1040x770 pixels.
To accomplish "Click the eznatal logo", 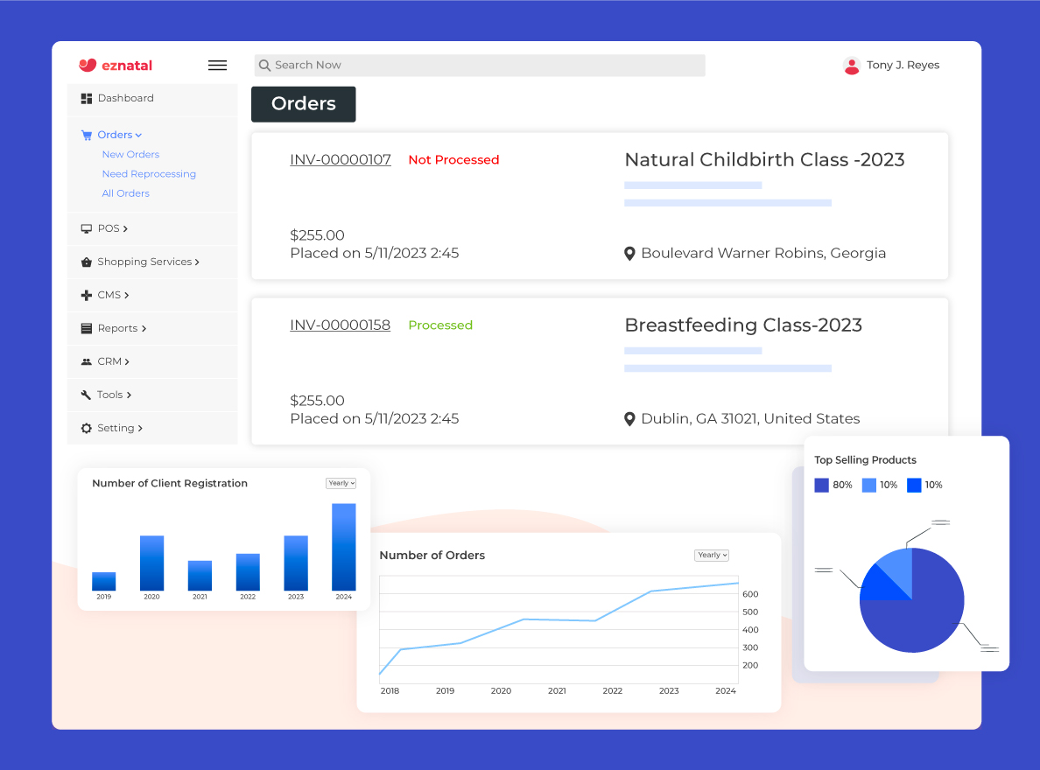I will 115,65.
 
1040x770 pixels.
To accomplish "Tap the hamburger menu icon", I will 217,65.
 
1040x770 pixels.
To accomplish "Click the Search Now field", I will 479,66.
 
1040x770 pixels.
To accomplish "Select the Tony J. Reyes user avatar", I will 851,66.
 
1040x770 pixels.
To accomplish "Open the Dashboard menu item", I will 125,98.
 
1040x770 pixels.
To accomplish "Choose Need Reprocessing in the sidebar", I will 149,174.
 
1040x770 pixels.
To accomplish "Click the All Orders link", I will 125,193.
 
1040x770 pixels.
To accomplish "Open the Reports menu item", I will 117,328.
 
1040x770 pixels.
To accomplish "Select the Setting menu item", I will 116,428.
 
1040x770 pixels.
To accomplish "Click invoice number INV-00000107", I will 341,160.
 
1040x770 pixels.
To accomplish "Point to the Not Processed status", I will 453,160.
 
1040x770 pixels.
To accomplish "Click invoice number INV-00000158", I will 341,325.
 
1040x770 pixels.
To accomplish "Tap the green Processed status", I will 440,325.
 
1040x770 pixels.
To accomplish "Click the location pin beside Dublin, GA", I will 629,419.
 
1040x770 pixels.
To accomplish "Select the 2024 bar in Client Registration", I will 344,547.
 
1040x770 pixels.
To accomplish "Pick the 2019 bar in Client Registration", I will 104,582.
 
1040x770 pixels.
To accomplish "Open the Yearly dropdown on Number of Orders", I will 712,555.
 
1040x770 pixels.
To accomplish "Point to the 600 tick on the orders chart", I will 750,594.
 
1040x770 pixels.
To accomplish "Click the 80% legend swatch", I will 821,485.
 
